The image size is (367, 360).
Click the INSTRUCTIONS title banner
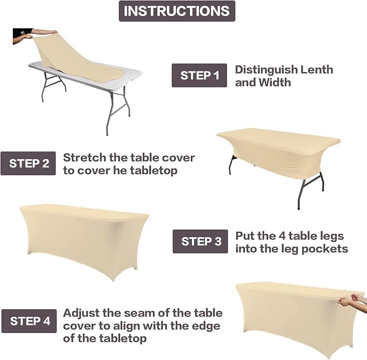coord(177,11)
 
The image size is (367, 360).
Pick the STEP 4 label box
coord(29,321)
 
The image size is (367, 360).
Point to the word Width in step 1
coord(274,83)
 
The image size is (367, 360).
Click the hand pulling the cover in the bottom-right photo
coord(353,299)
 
